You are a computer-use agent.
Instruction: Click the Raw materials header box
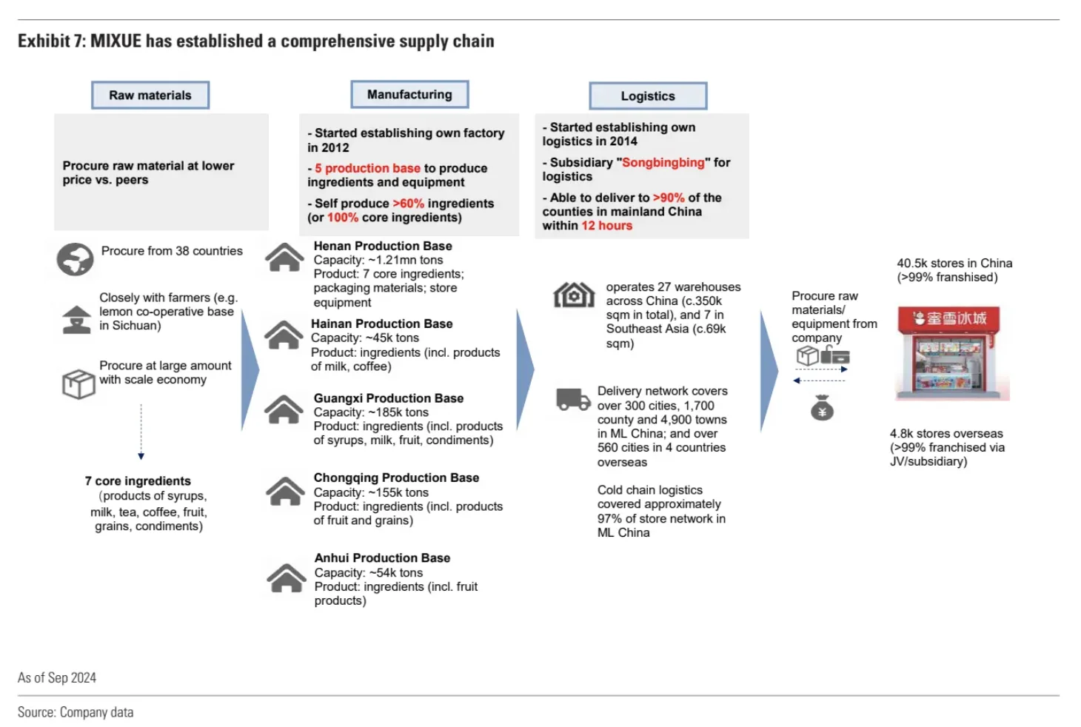coord(150,96)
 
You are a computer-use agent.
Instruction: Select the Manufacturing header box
coord(409,95)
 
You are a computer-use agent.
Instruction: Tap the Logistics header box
coord(648,96)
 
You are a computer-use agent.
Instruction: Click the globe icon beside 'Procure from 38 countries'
coord(75,259)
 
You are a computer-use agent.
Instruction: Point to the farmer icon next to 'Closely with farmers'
coord(76,319)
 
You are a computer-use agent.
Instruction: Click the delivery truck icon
coord(573,399)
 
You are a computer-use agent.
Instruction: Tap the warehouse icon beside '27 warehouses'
coord(574,295)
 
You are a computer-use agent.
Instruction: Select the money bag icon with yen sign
coord(822,408)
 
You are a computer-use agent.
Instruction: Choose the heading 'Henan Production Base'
coord(383,246)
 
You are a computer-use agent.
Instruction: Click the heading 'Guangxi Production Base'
coord(389,398)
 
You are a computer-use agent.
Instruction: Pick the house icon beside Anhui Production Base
coord(286,578)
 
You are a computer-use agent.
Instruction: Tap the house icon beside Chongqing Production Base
coord(285,492)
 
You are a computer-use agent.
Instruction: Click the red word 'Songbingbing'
coord(663,163)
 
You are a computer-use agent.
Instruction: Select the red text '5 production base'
coord(367,169)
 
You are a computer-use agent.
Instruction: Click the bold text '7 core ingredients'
coord(138,481)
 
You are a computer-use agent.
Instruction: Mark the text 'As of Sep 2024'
coord(57,678)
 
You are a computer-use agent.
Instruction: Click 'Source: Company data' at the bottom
coord(76,712)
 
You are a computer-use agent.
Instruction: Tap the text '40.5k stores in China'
coord(954,264)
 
